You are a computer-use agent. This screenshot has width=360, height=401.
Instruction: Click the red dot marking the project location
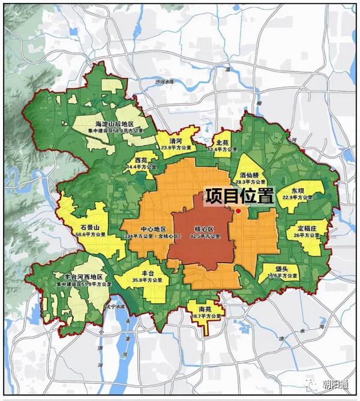pos(238,211)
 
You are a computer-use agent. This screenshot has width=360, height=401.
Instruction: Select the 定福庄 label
pos(310,228)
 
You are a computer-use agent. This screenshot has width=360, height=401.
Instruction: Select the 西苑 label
pos(141,161)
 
